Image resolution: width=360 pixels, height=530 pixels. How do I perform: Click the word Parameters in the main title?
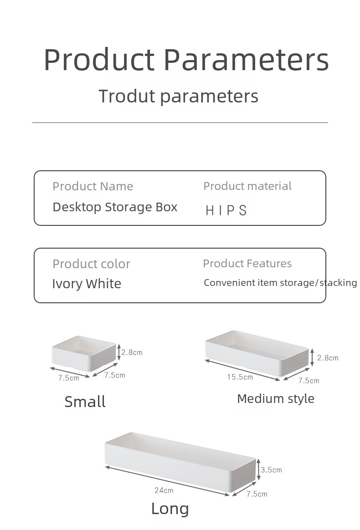[x=247, y=60]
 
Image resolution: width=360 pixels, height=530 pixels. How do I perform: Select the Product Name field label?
[x=93, y=186]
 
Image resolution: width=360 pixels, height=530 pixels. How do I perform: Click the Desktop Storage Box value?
[x=115, y=207]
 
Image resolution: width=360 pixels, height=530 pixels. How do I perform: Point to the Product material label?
[x=247, y=186]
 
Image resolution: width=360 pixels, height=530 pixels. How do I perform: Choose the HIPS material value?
[x=226, y=210]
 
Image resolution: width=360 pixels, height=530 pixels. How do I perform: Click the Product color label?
[x=91, y=264]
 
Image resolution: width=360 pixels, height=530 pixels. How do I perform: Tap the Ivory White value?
[x=87, y=284]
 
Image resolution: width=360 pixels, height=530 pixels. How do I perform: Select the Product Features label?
[x=247, y=263]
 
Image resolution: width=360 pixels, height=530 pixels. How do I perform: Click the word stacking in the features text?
[x=338, y=283]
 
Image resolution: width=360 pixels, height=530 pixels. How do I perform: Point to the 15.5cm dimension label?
[x=240, y=377]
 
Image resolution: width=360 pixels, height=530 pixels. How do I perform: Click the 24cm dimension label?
[x=164, y=490]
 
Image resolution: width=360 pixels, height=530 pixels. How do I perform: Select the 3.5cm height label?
[x=271, y=470]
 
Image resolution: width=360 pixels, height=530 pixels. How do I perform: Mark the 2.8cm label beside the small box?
[x=132, y=352]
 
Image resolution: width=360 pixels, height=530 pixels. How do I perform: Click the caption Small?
[x=85, y=402]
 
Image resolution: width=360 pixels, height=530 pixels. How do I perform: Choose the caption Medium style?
[x=276, y=399]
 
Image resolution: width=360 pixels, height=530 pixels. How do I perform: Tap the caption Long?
[x=170, y=509]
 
